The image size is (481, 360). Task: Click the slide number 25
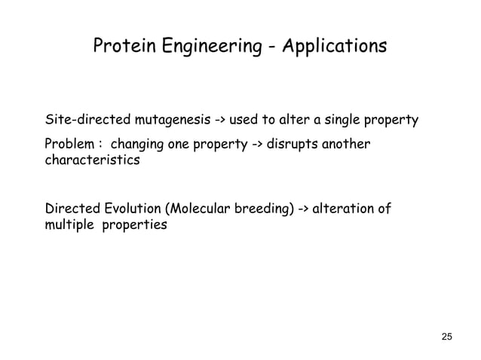446,335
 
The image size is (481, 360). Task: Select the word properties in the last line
135,225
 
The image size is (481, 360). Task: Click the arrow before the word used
223,121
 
